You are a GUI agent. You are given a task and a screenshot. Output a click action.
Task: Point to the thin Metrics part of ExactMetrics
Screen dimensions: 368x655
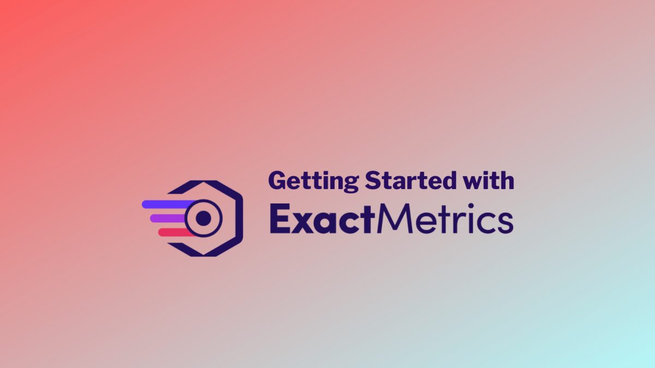tap(445, 220)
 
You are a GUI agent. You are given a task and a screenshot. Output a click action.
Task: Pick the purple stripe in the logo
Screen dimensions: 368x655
tap(169, 218)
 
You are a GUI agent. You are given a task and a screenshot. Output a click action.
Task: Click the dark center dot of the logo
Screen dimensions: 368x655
tap(203, 219)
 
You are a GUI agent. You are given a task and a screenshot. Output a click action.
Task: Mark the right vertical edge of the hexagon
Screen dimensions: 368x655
tap(239, 218)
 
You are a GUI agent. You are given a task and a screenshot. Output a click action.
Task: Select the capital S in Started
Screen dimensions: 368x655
tap(372, 180)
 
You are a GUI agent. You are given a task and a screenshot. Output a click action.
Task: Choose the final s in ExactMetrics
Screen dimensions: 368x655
tap(505, 223)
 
